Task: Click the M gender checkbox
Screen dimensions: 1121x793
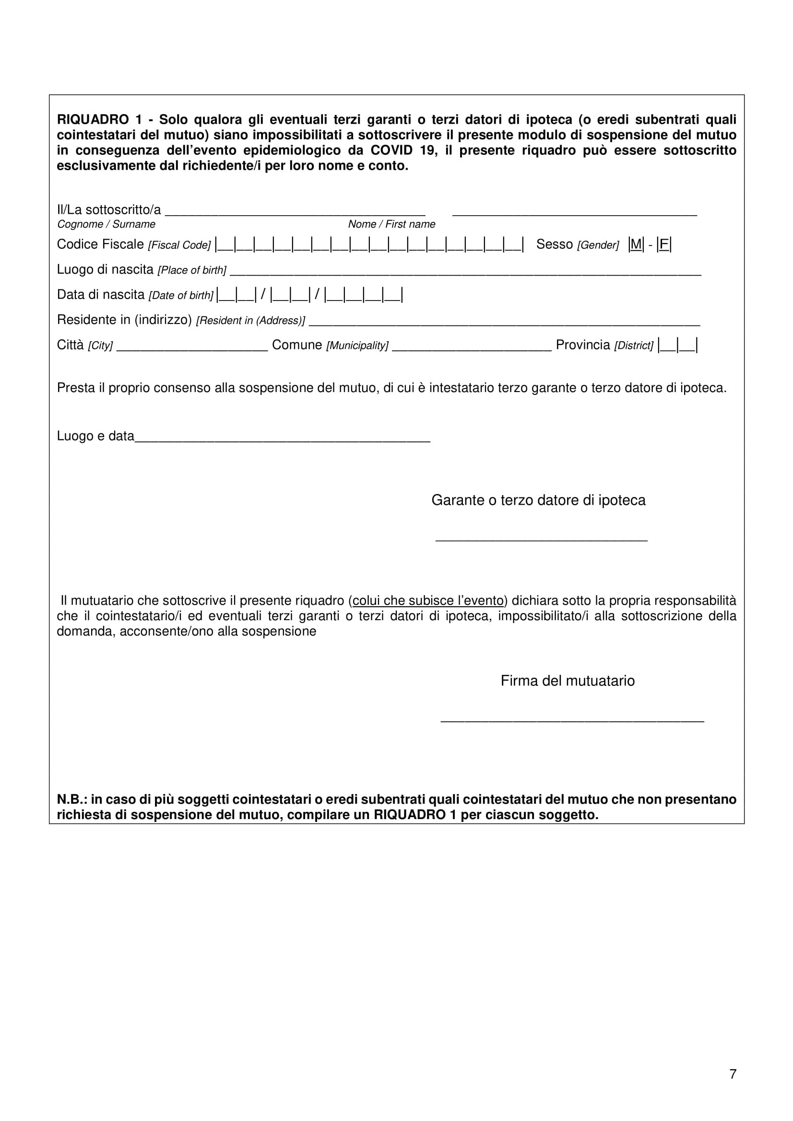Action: pos(636,244)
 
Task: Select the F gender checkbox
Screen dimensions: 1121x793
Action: pos(664,244)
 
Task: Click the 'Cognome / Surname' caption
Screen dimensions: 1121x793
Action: pos(106,224)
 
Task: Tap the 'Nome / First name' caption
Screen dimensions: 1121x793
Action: pos(391,224)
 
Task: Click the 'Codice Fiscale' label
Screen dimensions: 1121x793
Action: pos(100,244)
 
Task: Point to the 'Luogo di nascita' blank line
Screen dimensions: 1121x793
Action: pos(465,272)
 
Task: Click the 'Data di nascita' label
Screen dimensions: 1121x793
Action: pos(101,295)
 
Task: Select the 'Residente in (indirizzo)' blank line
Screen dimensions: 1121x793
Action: pos(504,323)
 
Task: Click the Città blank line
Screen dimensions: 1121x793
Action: pos(192,347)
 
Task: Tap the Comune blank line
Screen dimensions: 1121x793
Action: pos(472,347)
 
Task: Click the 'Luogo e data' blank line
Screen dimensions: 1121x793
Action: pos(282,439)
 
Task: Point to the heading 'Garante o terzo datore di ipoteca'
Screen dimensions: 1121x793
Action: pos(538,500)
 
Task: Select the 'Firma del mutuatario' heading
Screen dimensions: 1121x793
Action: pos(567,681)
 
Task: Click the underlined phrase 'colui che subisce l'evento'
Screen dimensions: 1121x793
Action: pos(428,601)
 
